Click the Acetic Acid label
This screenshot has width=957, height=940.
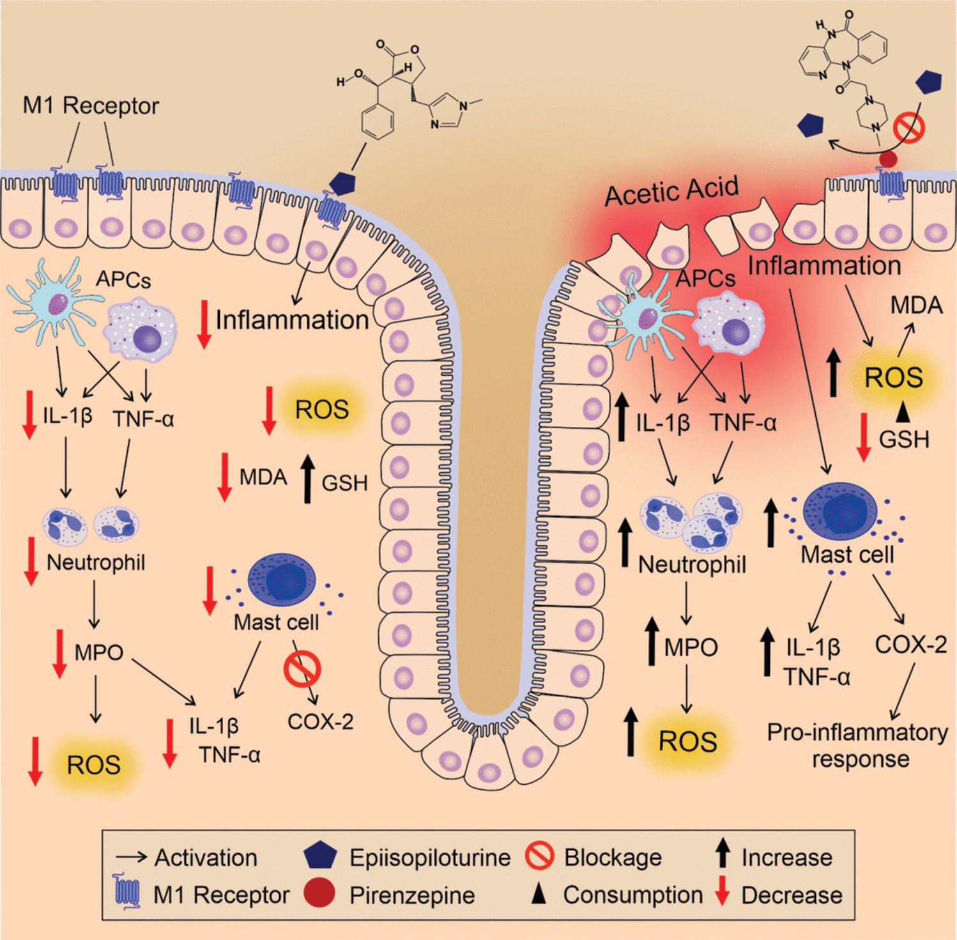point(671,190)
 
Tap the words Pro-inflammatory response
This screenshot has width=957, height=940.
point(857,745)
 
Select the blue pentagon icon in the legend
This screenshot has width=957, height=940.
point(320,856)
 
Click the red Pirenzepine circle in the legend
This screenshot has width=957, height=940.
point(319,893)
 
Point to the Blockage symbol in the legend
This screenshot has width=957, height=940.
point(540,856)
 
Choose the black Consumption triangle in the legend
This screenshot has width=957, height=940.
point(539,895)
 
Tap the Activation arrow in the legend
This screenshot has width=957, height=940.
point(132,857)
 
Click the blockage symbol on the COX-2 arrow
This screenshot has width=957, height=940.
point(302,669)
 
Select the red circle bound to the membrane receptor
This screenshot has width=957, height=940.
point(888,158)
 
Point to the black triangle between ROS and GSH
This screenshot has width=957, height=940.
point(902,412)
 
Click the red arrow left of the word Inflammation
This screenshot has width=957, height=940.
point(204,324)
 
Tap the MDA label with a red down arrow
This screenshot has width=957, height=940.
point(263,477)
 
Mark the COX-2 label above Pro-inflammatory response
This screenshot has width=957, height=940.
point(910,645)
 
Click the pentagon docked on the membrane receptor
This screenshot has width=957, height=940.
point(342,183)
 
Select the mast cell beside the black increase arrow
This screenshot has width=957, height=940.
point(840,512)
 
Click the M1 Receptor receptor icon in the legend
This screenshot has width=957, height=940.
point(127,891)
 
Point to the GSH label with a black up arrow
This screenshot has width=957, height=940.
point(344,482)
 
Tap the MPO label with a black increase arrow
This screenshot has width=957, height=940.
point(691,647)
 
